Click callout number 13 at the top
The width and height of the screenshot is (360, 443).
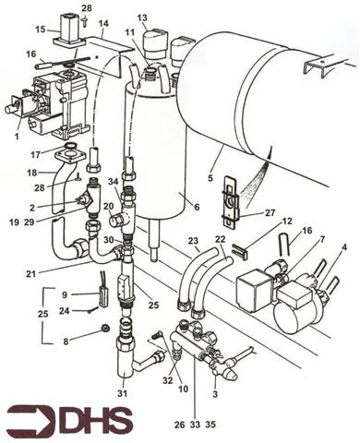pos(142,18)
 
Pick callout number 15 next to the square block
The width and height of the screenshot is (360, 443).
pos(40,30)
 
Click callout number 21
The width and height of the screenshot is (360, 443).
pos(57,273)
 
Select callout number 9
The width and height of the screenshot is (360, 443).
pos(64,294)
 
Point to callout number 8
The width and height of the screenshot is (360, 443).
pos(64,341)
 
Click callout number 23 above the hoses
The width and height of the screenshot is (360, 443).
pos(194,242)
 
